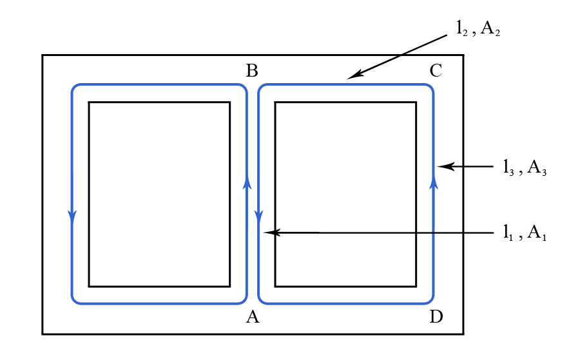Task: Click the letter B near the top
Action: tap(252, 70)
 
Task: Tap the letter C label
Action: tap(436, 71)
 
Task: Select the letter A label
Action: tap(252, 317)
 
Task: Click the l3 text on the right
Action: tap(508, 167)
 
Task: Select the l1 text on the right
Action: tap(508, 233)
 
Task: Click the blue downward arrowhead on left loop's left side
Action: tap(72, 217)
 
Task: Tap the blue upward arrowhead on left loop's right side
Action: tap(247, 184)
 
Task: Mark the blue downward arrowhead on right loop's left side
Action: tap(258, 217)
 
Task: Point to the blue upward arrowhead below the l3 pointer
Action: tap(434, 184)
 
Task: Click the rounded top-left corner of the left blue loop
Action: tap(75, 87)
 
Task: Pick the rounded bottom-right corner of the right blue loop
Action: tap(430, 300)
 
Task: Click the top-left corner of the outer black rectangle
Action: tap(43, 55)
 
